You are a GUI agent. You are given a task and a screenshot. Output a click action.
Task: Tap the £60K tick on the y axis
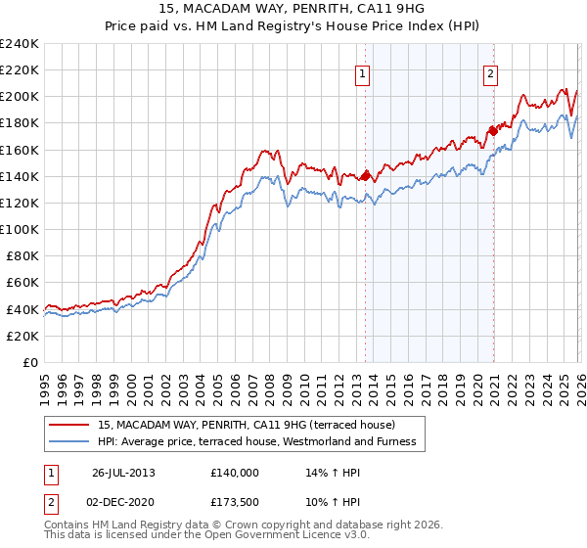point(23,283)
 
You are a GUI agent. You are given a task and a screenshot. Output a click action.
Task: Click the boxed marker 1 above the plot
point(363,72)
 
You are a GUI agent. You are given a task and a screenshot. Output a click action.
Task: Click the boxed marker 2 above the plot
point(490,72)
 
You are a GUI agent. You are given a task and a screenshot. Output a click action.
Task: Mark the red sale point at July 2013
point(365,176)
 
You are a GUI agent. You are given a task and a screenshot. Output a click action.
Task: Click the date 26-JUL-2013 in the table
point(124,472)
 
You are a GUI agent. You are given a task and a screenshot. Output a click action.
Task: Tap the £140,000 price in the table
point(234,472)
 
